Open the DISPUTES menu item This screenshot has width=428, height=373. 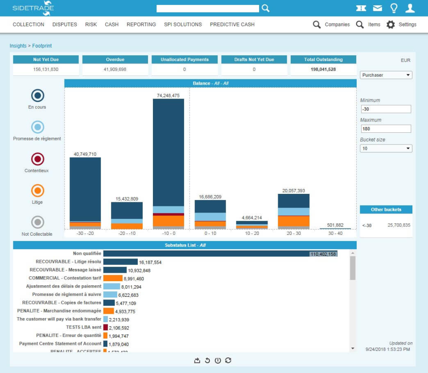(x=65, y=25)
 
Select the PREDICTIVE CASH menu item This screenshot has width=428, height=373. (x=232, y=25)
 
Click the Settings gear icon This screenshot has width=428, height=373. (x=391, y=25)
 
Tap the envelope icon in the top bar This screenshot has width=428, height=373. (x=378, y=8)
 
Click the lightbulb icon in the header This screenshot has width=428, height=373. (x=394, y=8)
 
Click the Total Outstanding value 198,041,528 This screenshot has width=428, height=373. (x=323, y=70)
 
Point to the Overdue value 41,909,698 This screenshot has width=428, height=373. (x=115, y=70)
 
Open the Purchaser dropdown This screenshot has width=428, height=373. (x=386, y=75)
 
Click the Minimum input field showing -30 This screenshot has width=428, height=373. (x=385, y=109)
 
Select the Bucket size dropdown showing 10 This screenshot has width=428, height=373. (x=386, y=148)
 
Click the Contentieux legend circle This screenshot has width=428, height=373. (x=37, y=159)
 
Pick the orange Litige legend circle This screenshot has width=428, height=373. (x=37, y=191)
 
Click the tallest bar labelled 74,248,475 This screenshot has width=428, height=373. (x=168, y=152)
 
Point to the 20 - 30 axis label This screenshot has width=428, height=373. (x=293, y=233)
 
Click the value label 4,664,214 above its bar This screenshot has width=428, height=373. (x=251, y=217)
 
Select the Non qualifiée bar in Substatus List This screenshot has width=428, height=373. (x=220, y=254)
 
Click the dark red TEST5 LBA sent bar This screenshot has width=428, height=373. (x=106, y=328)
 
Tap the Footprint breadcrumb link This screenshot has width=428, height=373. (x=42, y=46)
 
